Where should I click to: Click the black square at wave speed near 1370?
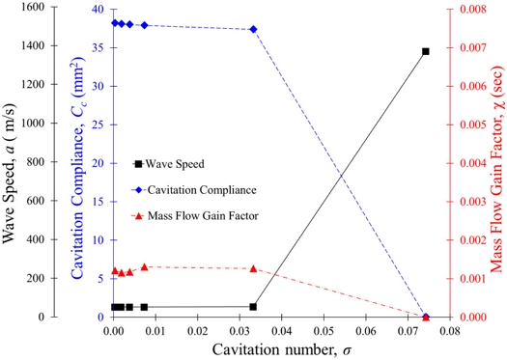coord(426,51)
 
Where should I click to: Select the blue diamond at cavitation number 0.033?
coord(253,29)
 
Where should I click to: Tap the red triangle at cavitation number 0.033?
coord(253,268)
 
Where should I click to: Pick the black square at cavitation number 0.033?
coord(253,307)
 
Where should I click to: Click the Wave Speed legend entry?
coord(168,164)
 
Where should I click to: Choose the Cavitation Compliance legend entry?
coord(194,190)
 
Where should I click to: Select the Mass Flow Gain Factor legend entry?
coord(195,215)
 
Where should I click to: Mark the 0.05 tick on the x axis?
coord(324,331)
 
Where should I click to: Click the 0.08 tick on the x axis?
coord(449,331)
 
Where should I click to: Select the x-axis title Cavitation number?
coord(282,349)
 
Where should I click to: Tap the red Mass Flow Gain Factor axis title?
coord(497,169)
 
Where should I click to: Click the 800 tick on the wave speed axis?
coord(36,161)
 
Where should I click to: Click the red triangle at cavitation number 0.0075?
coord(145,267)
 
